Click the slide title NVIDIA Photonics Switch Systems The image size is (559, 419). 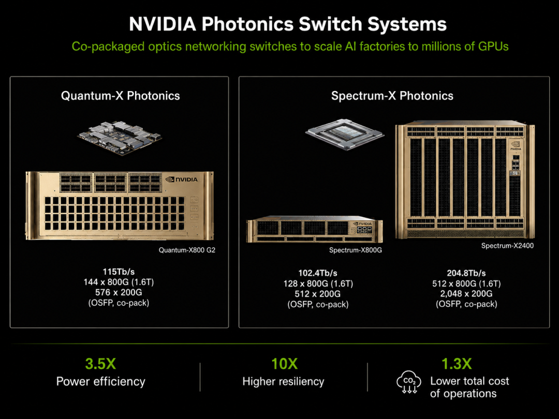click(x=288, y=24)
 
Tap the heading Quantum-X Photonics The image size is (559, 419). click(x=121, y=96)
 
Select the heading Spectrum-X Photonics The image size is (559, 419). click(x=392, y=96)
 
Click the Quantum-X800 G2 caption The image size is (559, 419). click(x=187, y=250)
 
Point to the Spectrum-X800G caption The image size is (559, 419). click(x=356, y=250)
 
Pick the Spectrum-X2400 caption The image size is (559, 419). click(x=507, y=246)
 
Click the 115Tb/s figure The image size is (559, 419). click(x=119, y=272)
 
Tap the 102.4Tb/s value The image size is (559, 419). click(x=318, y=273)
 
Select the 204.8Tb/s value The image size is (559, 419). click(x=466, y=273)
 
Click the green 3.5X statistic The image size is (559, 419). click(x=100, y=364)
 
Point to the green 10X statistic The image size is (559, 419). click(x=284, y=364)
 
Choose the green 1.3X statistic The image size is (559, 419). click(x=457, y=364)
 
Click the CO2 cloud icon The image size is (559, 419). click(x=409, y=382)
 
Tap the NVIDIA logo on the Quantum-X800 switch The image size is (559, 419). click(x=182, y=179)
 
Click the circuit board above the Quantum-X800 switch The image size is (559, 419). click(x=120, y=138)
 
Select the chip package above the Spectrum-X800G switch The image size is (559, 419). click(x=345, y=134)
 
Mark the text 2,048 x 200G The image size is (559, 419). click(x=466, y=294)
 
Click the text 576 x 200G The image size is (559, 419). click(x=119, y=292)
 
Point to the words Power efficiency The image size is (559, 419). click(x=101, y=382)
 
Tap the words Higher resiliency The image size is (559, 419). click(x=284, y=382)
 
